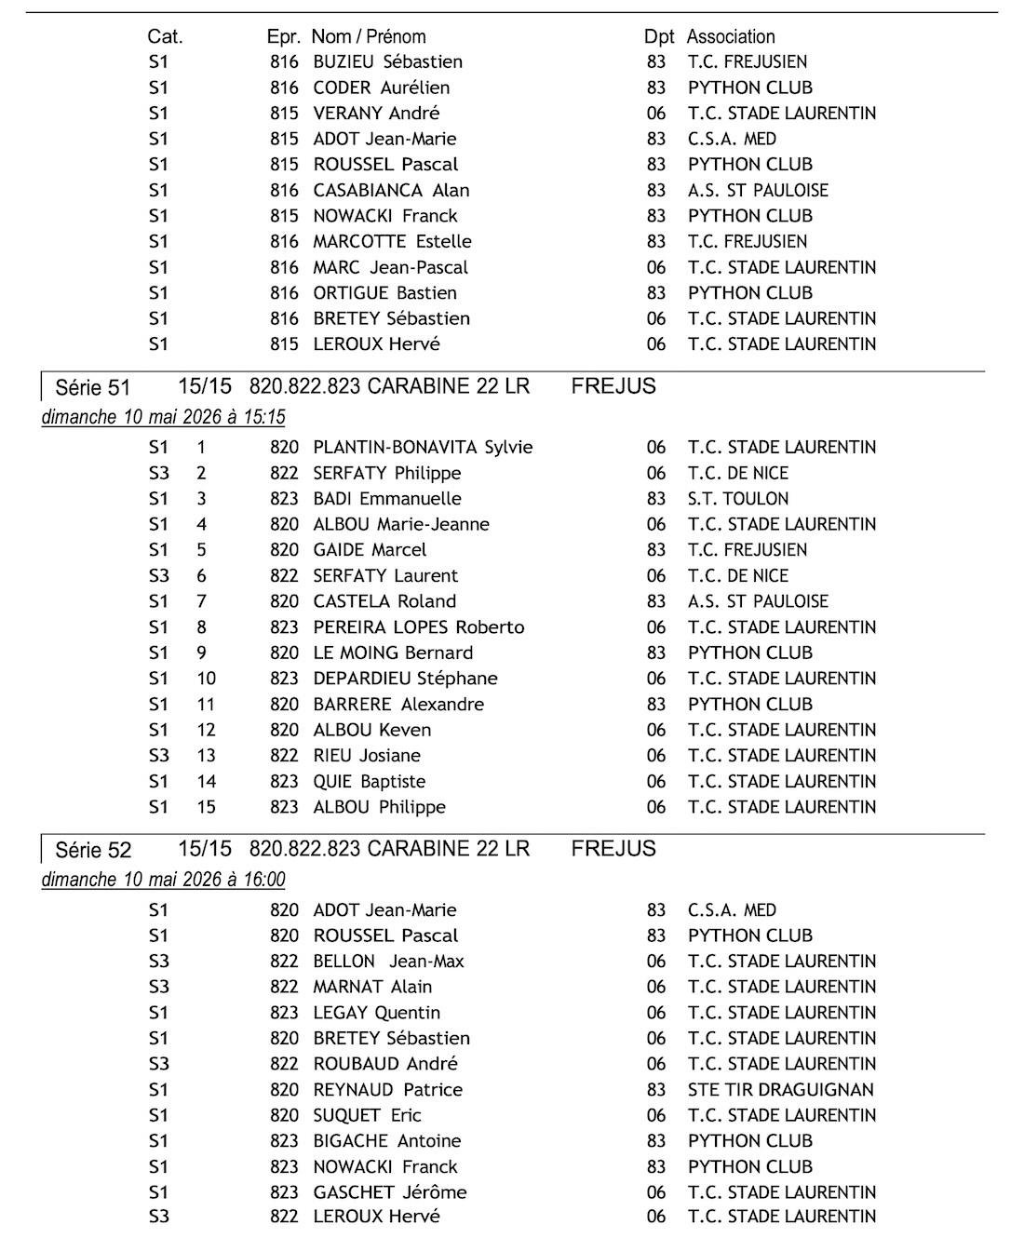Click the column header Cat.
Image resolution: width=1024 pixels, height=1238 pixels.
[165, 37]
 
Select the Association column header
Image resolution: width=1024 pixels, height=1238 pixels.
[731, 37]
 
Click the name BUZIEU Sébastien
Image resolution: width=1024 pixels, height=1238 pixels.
[387, 62]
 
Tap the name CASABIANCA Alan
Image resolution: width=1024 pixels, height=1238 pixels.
[391, 191]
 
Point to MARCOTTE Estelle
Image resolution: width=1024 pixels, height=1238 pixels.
[392, 242]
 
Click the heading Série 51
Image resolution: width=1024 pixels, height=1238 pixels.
[92, 387]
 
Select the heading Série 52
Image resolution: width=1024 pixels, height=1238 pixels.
[92, 850]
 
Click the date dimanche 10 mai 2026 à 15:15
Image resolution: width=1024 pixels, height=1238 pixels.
[164, 417]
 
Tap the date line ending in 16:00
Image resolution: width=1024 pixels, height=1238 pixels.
[164, 880]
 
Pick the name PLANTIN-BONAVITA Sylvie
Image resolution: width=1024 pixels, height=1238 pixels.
[423, 448]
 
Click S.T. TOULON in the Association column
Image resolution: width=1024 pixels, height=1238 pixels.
[737, 499]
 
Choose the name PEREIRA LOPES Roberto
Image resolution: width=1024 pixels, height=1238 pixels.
[419, 627]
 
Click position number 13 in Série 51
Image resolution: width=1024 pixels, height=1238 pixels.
[206, 756]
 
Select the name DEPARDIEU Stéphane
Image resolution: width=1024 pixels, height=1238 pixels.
[405, 679]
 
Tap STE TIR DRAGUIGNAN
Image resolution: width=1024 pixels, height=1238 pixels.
[781, 1090]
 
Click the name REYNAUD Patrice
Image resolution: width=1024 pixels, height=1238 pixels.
[387, 1090]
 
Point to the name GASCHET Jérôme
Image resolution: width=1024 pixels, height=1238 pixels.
[390, 1192]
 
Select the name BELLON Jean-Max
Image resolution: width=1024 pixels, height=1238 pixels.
[388, 962]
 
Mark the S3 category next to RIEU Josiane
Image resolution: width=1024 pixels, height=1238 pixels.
[158, 756]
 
